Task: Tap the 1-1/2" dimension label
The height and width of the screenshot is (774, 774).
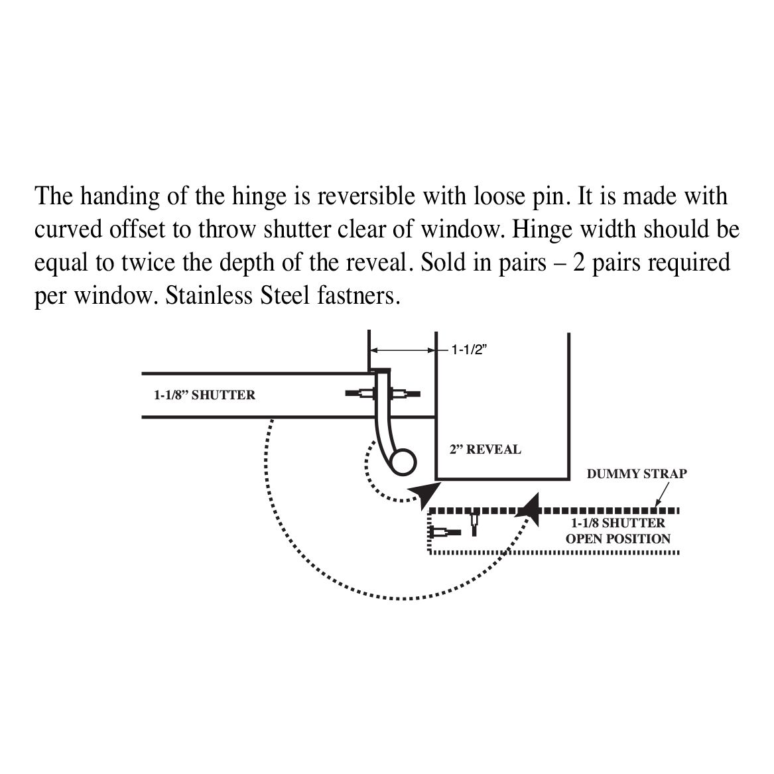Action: pyautogui.click(x=469, y=350)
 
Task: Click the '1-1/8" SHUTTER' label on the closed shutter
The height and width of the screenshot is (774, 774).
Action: pyautogui.click(x=204, y=395)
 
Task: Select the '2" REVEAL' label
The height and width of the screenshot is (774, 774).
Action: pyautogui.click(x=485, y=450)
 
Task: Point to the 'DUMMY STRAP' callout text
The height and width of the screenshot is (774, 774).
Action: pyautogui.click(x=637, y=474)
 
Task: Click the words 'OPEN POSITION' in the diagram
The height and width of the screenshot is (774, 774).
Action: pyautogui.click(x=617, y=539)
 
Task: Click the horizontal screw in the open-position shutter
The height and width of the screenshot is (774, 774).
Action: pyautogui.click(x=445, y=533)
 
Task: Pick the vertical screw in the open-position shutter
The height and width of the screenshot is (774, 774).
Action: pyautogui.click(x=474, y=524)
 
